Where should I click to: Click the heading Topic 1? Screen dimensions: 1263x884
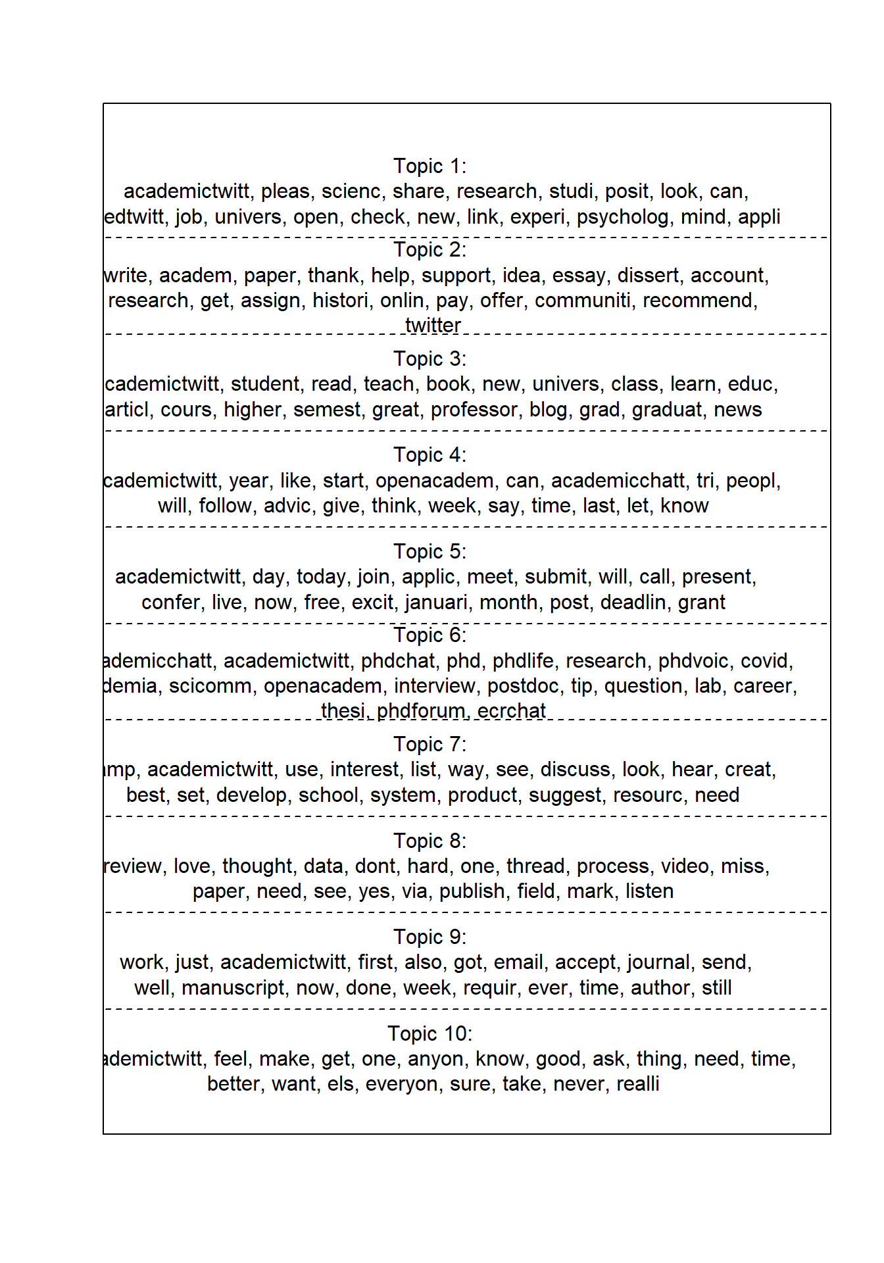click(430, 166)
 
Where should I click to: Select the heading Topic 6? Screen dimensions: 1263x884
click(430, 635)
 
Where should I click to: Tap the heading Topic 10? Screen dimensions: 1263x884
click(430, 1033)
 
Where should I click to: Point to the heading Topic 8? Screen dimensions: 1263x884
click(430, 841)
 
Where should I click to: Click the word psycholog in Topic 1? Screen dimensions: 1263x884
click(622, 217)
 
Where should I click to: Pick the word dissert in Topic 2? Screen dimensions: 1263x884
click(647, 275)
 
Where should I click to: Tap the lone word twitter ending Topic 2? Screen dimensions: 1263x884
click(433, 325)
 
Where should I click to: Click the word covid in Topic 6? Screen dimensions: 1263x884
click(766, 660)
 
